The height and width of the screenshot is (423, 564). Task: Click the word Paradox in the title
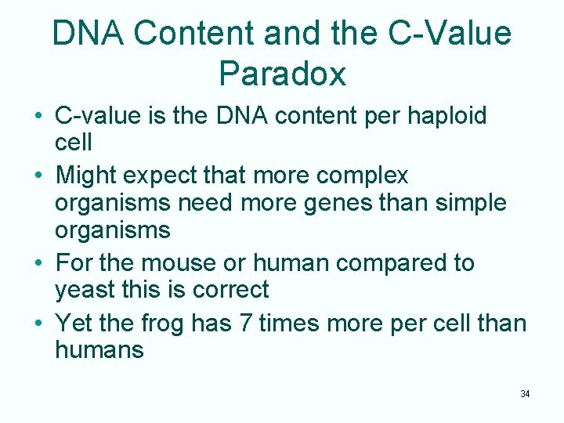[x=282, y=74]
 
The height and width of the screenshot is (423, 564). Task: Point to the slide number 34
[x=525, y=393]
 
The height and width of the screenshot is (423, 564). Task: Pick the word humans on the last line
[x=99, y=349]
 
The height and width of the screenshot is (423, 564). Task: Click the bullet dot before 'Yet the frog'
[x=38, y=323]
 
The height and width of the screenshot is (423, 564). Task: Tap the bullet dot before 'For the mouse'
[x=38, y=263]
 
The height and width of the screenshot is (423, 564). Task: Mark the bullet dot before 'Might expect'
[x=38, y=175]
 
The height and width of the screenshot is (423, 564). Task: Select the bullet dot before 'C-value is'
[x=38, y=117]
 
